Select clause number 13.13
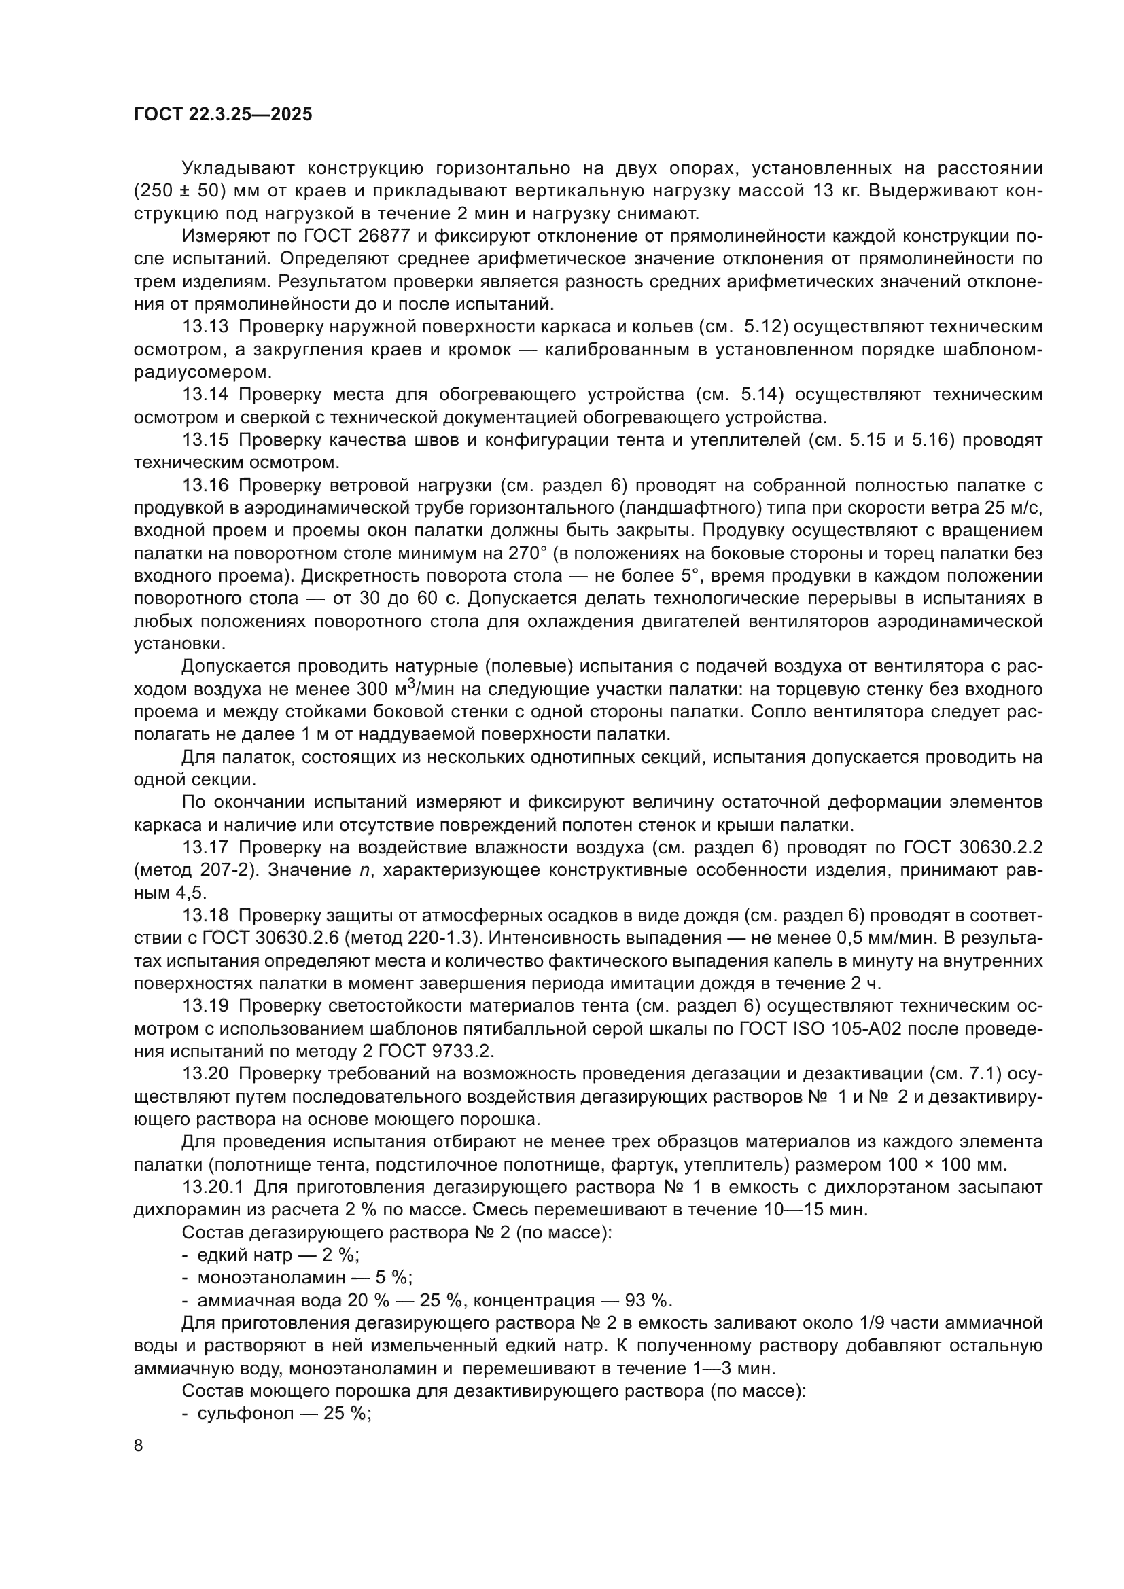coord(205,327)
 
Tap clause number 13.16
coord(205,486)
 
